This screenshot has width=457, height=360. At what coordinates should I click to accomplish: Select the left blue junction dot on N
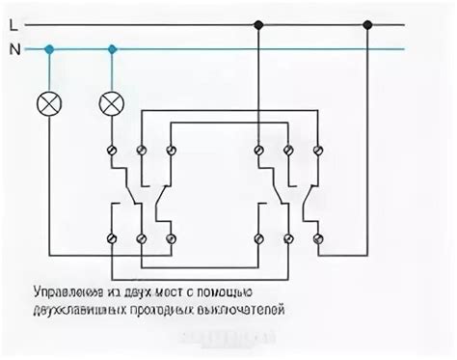coord(48,47)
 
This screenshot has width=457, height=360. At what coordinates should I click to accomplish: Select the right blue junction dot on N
coord(113,47)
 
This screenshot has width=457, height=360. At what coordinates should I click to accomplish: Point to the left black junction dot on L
coord(258,22)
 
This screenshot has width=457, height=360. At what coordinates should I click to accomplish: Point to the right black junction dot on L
coord(366,22)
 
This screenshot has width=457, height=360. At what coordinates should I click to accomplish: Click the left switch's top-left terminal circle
coord(113,150)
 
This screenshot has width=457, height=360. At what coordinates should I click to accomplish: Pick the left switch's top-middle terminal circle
coord(142,150)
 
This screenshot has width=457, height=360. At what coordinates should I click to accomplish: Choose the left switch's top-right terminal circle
coord(171,150)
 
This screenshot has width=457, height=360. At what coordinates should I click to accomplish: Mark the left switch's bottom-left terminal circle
coord(113,236)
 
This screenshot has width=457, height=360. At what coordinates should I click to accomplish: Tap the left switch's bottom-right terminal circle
coord(171,236)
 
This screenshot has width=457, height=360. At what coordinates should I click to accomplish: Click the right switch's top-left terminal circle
coord(258,150)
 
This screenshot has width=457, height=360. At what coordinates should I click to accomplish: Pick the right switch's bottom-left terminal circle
coord(258,236)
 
